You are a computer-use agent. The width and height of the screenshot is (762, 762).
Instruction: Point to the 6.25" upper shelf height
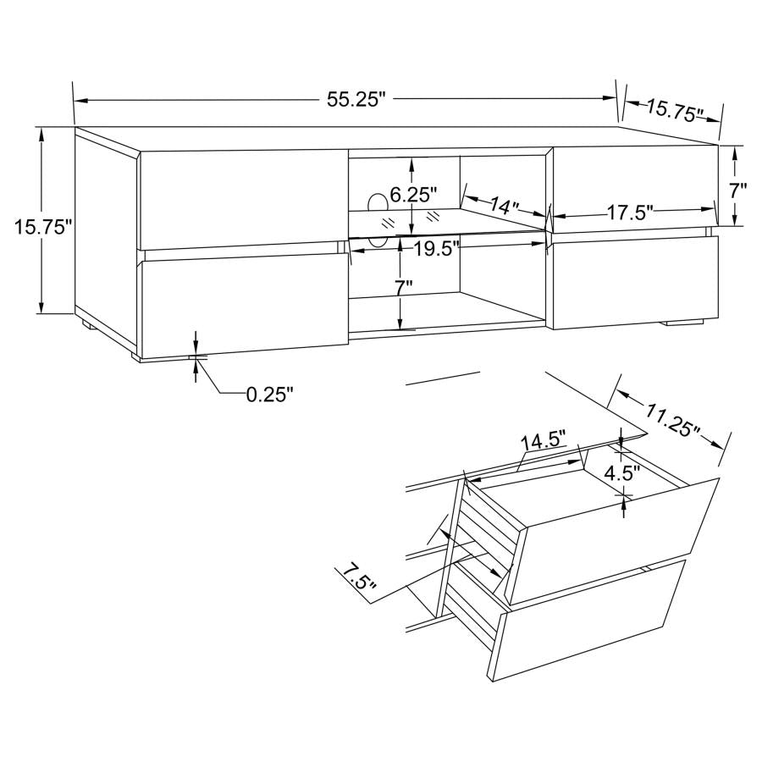point(413,196)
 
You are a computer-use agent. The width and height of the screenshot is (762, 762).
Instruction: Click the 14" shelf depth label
point(506,206)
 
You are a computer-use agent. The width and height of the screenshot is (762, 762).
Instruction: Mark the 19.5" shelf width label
point(437,247)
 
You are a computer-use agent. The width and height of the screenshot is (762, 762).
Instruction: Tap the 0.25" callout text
point(269,394)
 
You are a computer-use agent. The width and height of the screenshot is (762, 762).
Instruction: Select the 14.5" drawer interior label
point(543,442)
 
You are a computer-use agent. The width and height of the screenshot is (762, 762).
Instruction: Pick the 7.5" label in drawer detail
point(356,580)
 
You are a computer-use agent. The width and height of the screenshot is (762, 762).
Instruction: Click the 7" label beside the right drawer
point(738,190)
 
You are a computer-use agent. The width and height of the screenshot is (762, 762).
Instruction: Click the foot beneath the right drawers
point(683,323)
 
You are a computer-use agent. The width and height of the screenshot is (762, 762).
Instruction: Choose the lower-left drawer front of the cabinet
point(243,301)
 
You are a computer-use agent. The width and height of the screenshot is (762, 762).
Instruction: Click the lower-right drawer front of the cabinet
point(634,280)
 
